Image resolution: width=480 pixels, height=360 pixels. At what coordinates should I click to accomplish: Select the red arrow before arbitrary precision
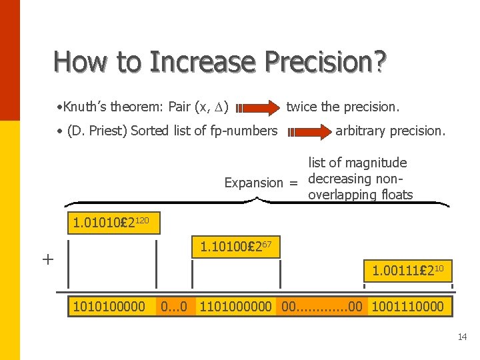pyautogui.click(x=309, y=131)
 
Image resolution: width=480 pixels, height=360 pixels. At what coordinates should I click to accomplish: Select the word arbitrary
pyautogui.click(x=361, y=131)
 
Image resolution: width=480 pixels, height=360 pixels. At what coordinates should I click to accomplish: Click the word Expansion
pyautogui.click(x=254, y=182)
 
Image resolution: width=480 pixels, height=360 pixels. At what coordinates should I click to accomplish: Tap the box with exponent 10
pyautogui.click(x=407, y=271)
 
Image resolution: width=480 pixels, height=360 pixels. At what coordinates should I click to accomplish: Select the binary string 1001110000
pyautogui.click(x=408, y=306)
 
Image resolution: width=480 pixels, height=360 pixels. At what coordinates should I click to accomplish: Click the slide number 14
pyautogui.click(x=462, y=337)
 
